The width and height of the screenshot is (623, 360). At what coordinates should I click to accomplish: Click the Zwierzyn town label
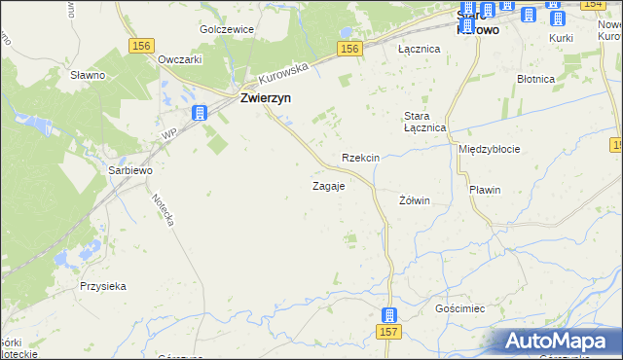tap(269, 97)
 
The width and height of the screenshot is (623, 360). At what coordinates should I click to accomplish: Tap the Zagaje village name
tap(328, 186)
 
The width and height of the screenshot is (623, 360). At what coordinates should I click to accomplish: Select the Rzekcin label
tap(360, 158)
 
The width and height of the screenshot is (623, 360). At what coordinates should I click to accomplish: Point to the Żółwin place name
tap(415, 200)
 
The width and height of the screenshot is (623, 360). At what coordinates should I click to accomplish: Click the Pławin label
tap(484, 190)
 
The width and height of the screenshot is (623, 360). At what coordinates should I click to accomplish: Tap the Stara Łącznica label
tap(424, 122)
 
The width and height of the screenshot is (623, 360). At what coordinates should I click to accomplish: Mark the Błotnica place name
tap(536, 79)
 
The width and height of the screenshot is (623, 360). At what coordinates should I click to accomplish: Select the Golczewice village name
tap(227, 29)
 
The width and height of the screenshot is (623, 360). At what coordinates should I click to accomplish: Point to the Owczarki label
tap(179, 58)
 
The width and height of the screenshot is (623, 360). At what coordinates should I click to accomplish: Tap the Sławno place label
tap(88, 74)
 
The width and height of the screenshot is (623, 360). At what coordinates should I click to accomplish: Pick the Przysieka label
tap(104, 286)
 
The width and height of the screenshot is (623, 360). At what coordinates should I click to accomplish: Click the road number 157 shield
tap(388, 334)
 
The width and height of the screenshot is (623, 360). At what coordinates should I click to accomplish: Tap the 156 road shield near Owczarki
tap(142, 46)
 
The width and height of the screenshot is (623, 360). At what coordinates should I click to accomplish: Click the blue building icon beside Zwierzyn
tap(200, 113)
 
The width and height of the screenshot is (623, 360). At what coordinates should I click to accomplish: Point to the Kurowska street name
tap(283, 72)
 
